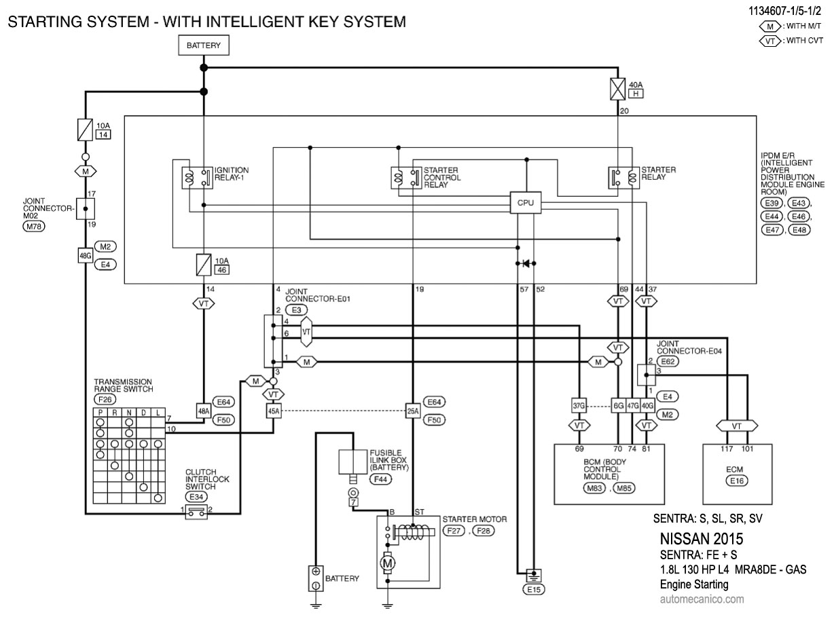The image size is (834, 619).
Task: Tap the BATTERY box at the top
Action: click(203, 46)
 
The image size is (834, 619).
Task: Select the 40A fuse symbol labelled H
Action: click(617, 89)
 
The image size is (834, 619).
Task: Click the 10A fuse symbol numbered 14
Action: click(86, 129)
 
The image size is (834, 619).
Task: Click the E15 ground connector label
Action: click(533, 590)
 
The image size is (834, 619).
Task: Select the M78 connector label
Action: click(33, 227)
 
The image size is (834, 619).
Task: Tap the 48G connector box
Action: click(86, 255)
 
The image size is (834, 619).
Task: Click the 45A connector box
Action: click(274, 411)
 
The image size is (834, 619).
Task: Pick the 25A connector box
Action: click(413, 411)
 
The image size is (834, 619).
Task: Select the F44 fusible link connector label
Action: click(381, 479)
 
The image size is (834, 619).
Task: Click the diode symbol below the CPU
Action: click(526, 263)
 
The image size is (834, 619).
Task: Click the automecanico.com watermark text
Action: click(702, 599)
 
